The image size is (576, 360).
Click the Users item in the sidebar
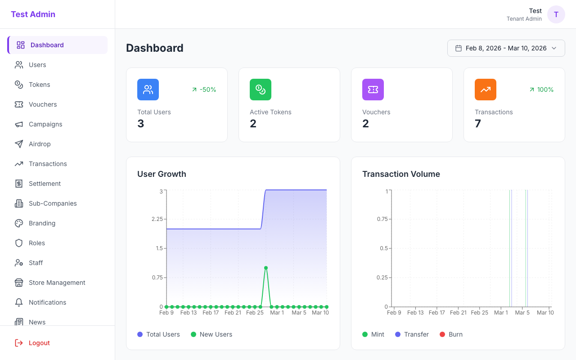coord(37,65)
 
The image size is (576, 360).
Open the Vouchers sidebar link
coord(43,104)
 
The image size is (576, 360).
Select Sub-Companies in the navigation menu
coord(53,203)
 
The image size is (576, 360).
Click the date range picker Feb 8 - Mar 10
coord(506,48)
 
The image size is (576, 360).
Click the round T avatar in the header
coord(556,14)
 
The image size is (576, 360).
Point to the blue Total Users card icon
coord(148,90)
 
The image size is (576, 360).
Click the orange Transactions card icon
coord(485,90)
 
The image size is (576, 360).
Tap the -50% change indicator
coord(204,90)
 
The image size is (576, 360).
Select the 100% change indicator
coord(541,90)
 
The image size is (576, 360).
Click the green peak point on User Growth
coord(266,268)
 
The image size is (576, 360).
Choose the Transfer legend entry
coord(412,334)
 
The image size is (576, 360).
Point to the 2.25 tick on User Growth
coord(157,219)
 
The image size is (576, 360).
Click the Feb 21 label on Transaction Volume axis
coord(458,312)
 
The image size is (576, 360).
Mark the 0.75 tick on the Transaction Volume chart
coord(382,219)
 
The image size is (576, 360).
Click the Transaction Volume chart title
coord(401,174)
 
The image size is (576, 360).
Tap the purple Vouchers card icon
coord(373,90)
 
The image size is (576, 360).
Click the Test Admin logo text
coord(33,14)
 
